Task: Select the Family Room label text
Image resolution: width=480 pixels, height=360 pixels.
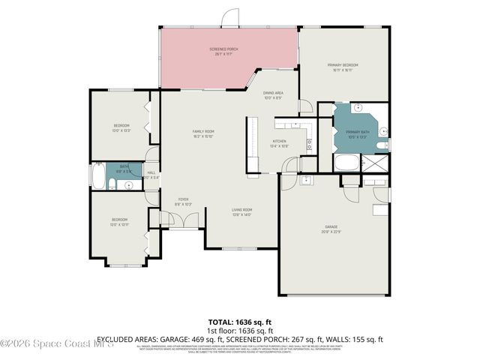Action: pyautogui.click(x=203, y=134)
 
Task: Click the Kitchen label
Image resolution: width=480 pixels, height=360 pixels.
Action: pyautogui.click(x=279, y=143)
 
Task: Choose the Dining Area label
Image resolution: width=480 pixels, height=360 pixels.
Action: pyautogui.click(x=272, y=95)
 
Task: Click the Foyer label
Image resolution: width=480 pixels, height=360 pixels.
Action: pyautogui.click(x=183, y=202)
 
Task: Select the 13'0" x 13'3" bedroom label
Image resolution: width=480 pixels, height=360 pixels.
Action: pyautogui.click(x=121, y=127)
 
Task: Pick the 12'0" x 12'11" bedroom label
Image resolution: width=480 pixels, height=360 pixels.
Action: pyautogui.click(x=120, y=222)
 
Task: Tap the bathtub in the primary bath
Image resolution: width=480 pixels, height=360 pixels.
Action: pyautogui.click(x=346, y=163)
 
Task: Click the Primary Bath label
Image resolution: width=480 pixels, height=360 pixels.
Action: pyautogui.click(x=358, y=133)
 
